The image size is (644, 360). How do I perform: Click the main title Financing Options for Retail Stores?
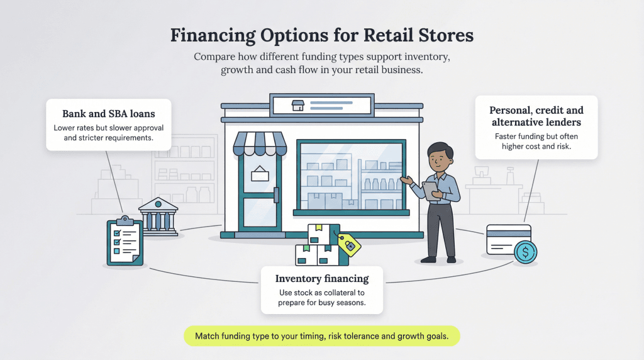321,35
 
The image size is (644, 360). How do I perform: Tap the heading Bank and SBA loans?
108,114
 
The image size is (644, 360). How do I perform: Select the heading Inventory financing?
321,278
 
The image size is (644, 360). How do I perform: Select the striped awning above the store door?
260,143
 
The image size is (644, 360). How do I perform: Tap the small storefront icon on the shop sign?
298,105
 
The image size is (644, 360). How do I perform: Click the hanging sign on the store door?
259,174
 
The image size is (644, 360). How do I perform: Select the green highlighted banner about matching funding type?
321,336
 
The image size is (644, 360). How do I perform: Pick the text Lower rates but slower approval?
108,128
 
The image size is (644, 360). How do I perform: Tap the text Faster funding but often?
536,136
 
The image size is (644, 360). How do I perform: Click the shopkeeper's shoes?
438,259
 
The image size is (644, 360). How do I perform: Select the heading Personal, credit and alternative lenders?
536,116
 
